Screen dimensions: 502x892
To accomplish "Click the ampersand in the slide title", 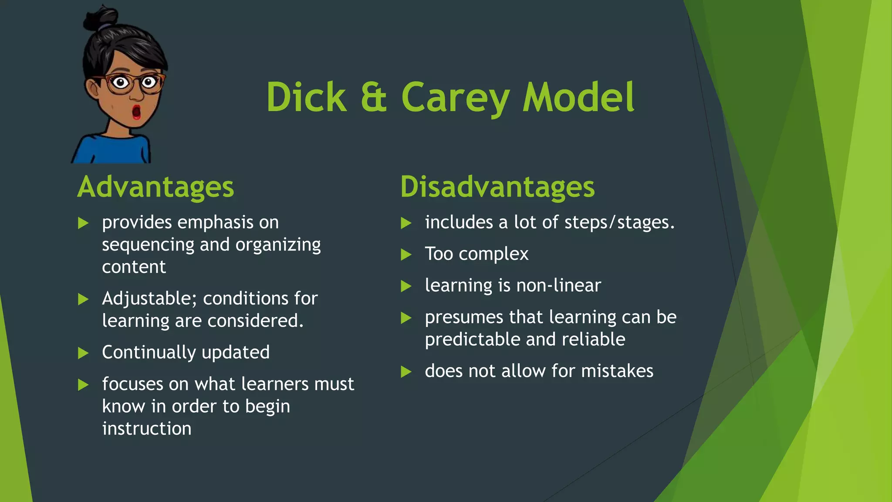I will click(x=374, y=97).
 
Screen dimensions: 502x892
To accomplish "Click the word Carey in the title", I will click(x=455, y=98).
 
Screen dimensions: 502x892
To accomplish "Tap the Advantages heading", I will click(x=155, y=187).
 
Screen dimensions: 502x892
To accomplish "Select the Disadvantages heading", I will click(x=497, y=187).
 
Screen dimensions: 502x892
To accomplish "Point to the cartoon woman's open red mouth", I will click(x=136, y=112).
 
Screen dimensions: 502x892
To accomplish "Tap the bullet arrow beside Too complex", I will click(x=406, y=254).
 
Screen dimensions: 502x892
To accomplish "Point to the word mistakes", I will click(x=617, y=371).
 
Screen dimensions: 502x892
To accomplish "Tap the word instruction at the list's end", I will click(x=147, y=428).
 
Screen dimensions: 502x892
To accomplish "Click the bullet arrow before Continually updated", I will click(x=83, y=353).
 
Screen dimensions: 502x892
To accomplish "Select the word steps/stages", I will click(x=619, y=222).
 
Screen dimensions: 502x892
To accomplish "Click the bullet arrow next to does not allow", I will click(x=406, y=372).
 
